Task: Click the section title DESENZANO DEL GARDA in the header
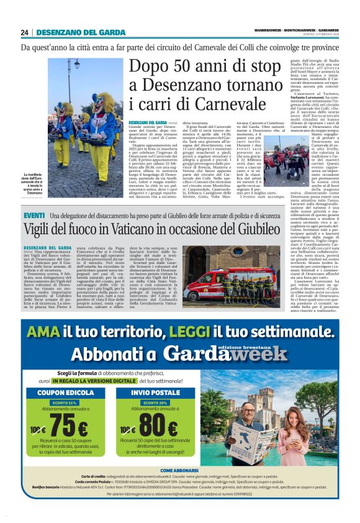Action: (x=74, y=32)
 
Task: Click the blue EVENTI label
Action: (x=34, y=215)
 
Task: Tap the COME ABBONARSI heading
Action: (x=180, y=488)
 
